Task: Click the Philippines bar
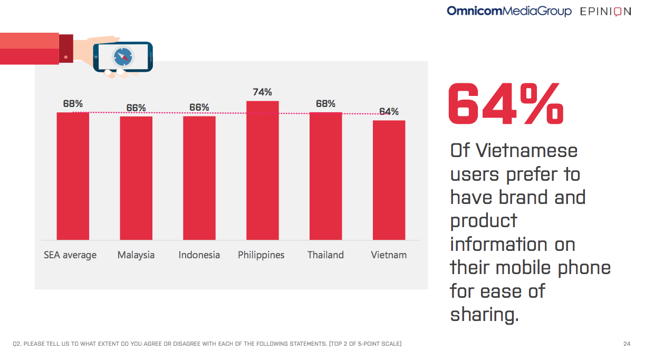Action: [x=262, y=170]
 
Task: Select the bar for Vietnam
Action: [x=389, y=180]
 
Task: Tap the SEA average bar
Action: [x=73, y=176]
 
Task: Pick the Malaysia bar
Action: [x=136, y=178]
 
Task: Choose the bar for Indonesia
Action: [x=199, y=178]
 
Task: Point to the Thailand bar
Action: [x=325, y=176]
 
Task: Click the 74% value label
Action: [x=262, y=92]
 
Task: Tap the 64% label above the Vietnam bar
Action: [x=389, y=112]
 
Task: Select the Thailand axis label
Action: [x=325, y=255]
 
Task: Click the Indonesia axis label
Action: [x=199, y=255]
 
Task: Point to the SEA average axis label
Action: [x=70, y=255]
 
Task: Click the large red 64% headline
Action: [x=506, y=104]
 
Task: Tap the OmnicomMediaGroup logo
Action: [x=509, y=11]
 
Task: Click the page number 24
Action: [x=627, y=344]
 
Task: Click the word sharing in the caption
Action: [x=484, y=315]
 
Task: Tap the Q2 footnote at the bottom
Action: [x=207, y=344]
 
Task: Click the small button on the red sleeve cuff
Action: [x=65, y=56]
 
